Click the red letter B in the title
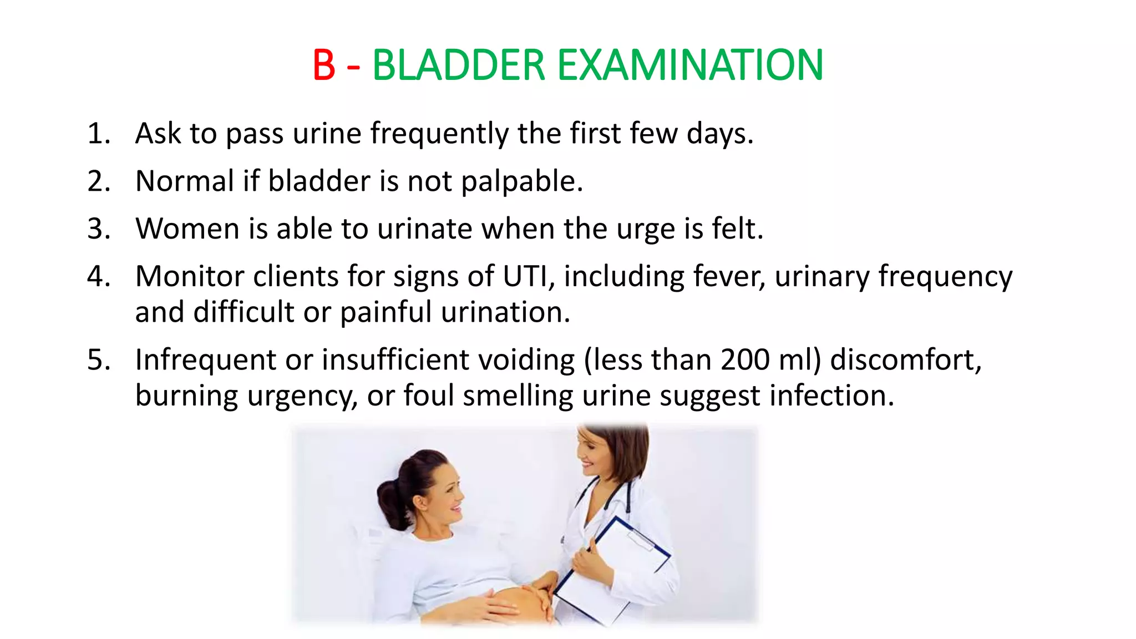click(324, 65)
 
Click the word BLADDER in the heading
click(459, 65)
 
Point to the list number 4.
click(98, 276)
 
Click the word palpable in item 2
click(521, 182)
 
